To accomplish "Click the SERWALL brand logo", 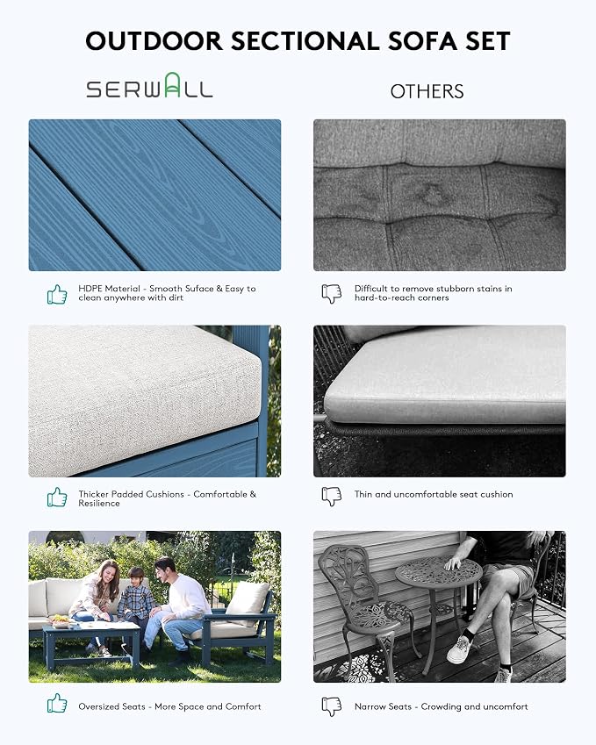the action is (149, 85).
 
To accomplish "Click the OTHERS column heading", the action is (427, 91).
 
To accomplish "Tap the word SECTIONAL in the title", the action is (305, 41).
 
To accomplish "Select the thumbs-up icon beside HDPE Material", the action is (57, 294).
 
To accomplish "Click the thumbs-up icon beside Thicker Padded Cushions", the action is (57, 497).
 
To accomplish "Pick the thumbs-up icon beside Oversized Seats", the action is (57, 703).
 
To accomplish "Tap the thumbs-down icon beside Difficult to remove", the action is (332, 294).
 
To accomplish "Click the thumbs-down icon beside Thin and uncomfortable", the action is (332, 497).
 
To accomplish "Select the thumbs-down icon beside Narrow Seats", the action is (332, 706).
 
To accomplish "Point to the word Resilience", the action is (99, 503).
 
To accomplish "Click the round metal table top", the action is (438, 571).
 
